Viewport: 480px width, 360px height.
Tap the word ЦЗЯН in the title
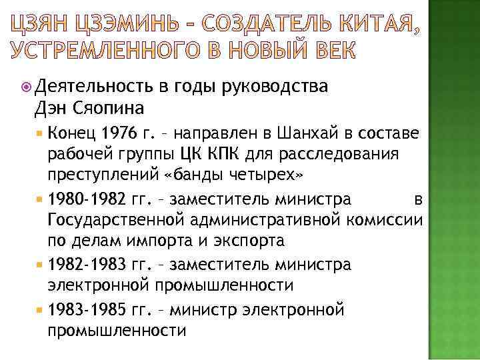click(x=42, y=28)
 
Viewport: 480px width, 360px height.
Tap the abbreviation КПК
click(x=216, y=154)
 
